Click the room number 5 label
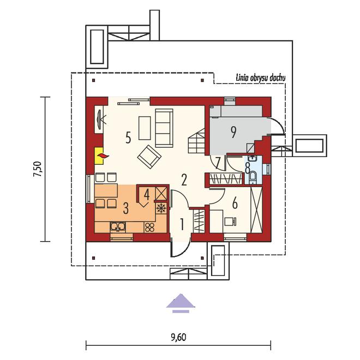pyautogui.click(x=128, y=137)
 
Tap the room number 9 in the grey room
pyautogui.click(x=233, y=132)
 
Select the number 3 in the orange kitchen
pyautogui.click(x=125, y=208)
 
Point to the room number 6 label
pyautogui.click(x=235, y=203)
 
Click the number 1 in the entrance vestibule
pyautogui.click(x=182, y=224)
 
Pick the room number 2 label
pyautogui.click(x=184, y=179)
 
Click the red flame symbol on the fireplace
pyautogui.click(x=103, y=156)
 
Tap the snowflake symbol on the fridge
pyautogui.click(x=161, y=208)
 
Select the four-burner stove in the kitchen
pyautogui.click(x=149, y=227)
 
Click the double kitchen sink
pyautogui.click(x=118, y=227)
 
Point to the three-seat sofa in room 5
pyautogui.click(x=164, y=128)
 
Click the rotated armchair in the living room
pyautogui.click(x=149, y=157)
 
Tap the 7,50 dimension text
pyautogui.click(x=38, y=169)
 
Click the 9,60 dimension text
pyautogui.click(x=178, y=337)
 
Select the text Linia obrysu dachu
pyautogui.click(x=261, y=78)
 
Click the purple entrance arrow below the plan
pyautogui.click(x=181, y=303)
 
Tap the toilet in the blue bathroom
pyautogui.click(x=253, y=177)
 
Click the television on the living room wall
pyautogui.click(x=100, y=119)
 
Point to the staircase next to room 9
pyautogui.click(x=196, y=141)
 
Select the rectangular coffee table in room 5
pyautogui.click(x=145, y=128)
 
